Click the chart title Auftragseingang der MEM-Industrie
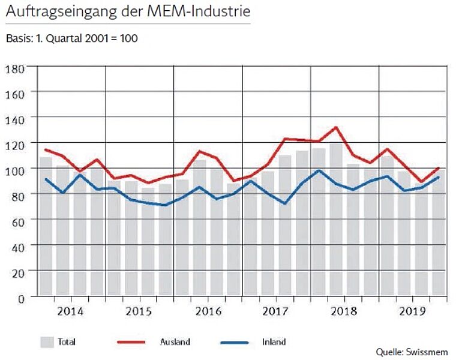[x=127, y=11]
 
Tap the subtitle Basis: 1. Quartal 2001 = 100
[x=71, y=39]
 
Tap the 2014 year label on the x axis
[x=71, y=311]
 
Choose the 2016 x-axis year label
[x=208, y=311]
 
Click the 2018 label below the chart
[x=344, y=311]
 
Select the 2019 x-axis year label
[x=412, y=311]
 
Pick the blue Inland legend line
[x=234, y=342]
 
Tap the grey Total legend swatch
[x=47, y=342]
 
